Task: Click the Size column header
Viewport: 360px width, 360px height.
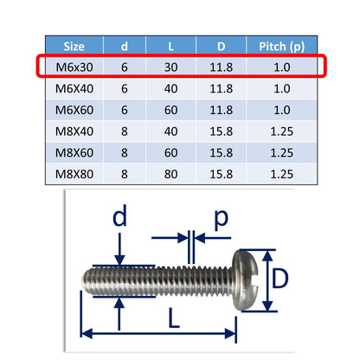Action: [x=74, y=46]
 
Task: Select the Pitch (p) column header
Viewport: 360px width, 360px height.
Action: [x=281, y=47]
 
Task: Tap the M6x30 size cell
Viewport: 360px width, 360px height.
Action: [x=74, y=67]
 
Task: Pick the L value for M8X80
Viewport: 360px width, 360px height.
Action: [x=170, y=174]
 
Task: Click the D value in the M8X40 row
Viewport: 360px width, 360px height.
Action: [x=221, y=132]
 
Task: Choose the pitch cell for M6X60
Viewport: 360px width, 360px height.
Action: [x=281, y=110]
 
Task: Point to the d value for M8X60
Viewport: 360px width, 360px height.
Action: [x=125, y=152]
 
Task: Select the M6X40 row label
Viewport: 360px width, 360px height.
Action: [x=74, y=88]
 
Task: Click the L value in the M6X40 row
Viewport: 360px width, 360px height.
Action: [x=170, y=88]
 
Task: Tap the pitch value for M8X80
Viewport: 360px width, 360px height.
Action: [x=281, y=174]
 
